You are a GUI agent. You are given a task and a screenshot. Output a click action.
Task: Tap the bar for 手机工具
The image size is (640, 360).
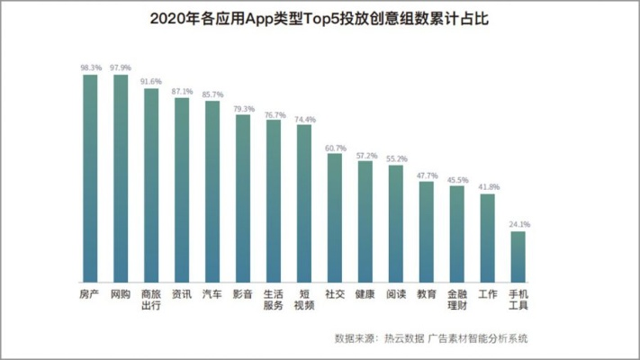[518, 257]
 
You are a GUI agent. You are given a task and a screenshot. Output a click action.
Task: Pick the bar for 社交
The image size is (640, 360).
[335, 218]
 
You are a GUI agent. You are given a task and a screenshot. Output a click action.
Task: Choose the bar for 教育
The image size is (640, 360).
[427, 232]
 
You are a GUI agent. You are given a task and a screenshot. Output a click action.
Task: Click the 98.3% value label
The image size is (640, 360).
[90, 67]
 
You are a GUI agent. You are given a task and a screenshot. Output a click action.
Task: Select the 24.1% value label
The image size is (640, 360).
[518, 224]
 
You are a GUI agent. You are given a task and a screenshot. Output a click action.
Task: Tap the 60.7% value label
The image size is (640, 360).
[335, 147]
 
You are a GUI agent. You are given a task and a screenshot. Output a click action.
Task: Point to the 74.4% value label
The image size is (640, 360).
[304, 119]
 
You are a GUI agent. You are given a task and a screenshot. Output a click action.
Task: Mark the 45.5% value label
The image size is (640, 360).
[457, 179]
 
